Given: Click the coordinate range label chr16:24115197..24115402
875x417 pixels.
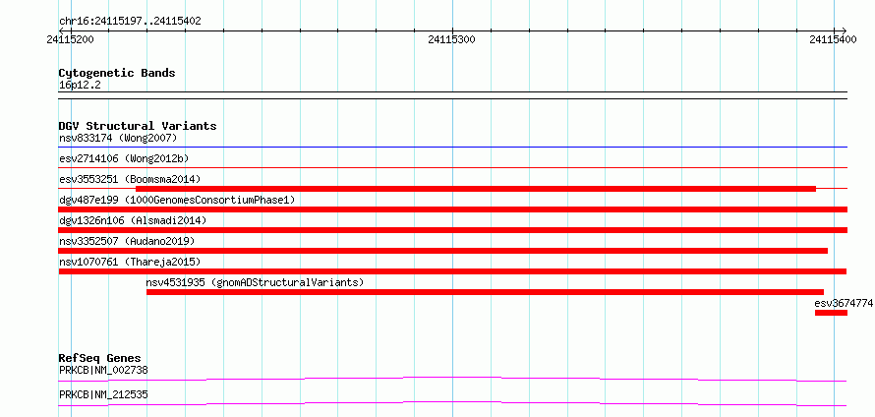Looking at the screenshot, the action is (x=130, y=22).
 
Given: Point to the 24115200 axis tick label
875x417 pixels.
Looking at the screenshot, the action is (x=71, y=39).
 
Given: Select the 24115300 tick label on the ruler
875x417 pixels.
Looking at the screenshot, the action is (x=452, y=39).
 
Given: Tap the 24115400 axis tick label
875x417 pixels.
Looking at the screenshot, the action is (x=833, y=39).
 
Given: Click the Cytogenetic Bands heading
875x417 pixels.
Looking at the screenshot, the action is (x=117, y=73).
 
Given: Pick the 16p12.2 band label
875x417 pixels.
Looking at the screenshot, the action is (x=80, y=86).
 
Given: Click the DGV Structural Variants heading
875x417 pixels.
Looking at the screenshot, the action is (x=138, y=127).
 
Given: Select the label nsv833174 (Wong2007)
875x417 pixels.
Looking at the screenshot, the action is (x=118, y=138).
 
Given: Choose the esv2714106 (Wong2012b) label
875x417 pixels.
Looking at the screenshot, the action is (x=124, y=159).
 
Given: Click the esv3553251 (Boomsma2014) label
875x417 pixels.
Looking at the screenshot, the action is (x=130, y=179).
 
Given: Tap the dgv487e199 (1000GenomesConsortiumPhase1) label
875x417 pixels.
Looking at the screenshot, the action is (x=177, y=200).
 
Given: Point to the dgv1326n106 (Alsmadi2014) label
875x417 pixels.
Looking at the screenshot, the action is (x=133, y=220).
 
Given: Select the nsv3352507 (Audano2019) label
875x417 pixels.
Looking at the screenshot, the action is (x=127, y=241).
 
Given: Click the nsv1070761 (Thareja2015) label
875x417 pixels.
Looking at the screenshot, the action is (x=130, y=262).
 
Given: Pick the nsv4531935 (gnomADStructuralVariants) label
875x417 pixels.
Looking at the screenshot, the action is (x=255, y=282).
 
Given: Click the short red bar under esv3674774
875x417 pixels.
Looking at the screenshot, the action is (x=831, y=313).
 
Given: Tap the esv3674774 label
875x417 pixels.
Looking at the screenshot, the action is (x=844, y=304).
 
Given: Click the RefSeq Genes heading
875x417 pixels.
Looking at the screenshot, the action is (x=100, y=358).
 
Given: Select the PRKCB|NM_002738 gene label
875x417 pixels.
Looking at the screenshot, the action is (x=103, y=370).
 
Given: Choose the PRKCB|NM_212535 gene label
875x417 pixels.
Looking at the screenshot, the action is (x=103, y=395).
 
